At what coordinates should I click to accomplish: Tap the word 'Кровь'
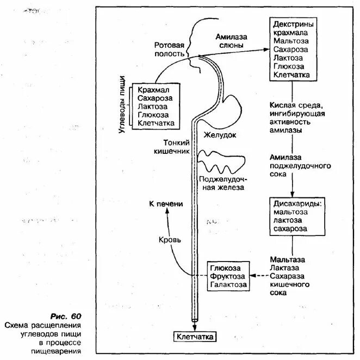[169, 239]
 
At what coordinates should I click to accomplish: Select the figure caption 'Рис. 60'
[65, 316]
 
